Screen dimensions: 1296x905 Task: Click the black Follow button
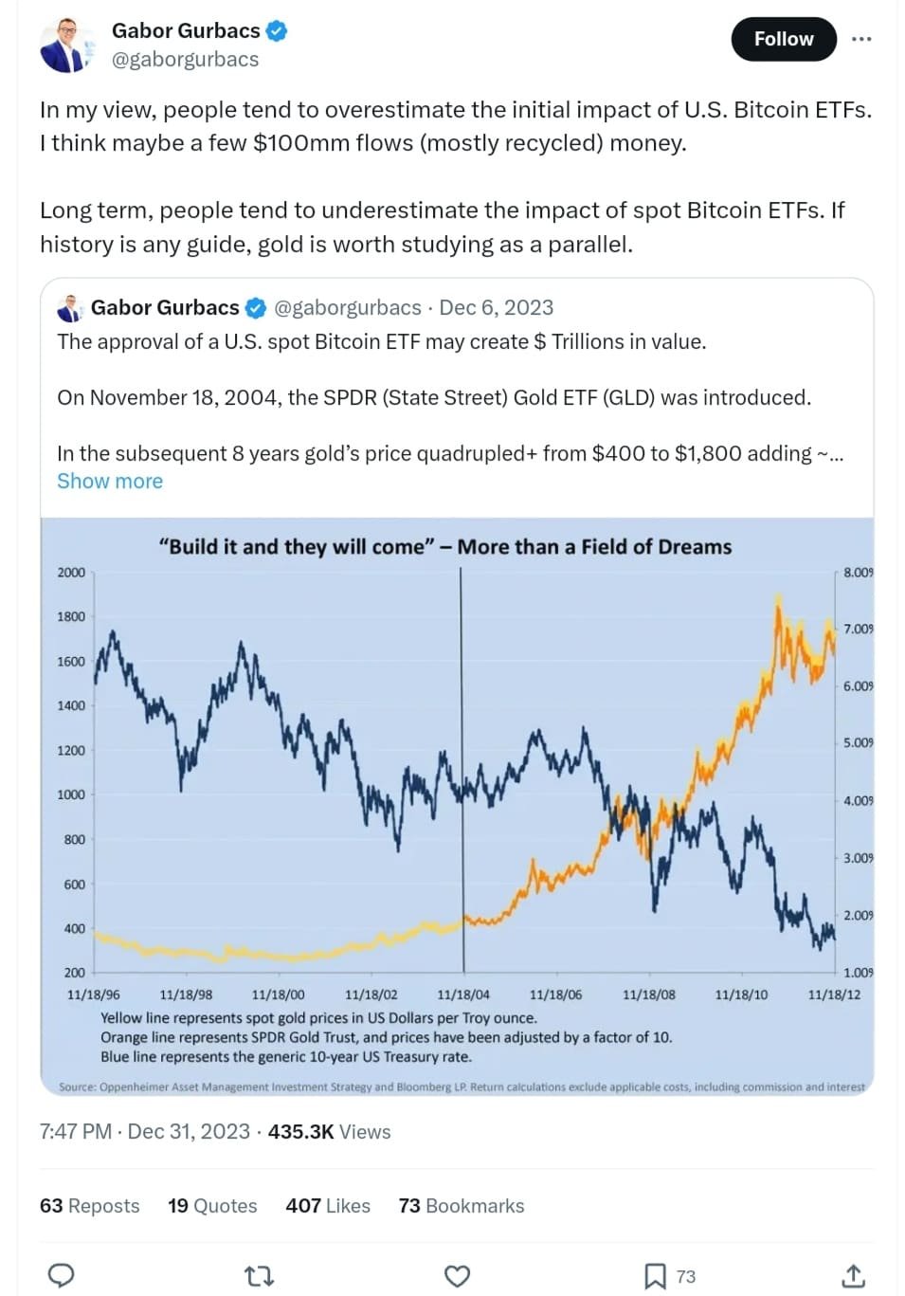tap(783, 39)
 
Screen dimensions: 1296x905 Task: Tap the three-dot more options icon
tap(860, 39)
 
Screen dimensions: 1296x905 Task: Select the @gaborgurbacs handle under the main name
tap(185, 60)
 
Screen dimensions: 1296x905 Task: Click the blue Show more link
tap(109, 481)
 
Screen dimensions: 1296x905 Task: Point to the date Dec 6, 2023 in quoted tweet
tap(496, 307)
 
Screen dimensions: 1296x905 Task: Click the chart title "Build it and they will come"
tap(444, 546)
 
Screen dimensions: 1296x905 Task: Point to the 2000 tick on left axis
tap(71, 572)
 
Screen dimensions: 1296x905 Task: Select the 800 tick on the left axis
tap(74, 839)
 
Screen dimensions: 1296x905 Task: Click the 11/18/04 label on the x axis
tap(463, 995)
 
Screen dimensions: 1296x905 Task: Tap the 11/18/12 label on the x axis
tap(834, 995)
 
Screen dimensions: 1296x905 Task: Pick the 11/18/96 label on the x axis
tap(93, 995)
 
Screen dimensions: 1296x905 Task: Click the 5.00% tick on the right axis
tap(858, 742)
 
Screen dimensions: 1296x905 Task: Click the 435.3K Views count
tap(329, 1131)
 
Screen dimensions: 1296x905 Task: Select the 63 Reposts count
tap(89, 1205)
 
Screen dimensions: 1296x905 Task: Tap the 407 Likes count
tap(328, 1205)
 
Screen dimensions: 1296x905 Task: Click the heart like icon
tap(457, 1276)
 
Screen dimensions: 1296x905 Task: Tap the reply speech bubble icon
tap(61, 1276)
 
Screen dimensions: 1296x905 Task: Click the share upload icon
tap(853, 1276)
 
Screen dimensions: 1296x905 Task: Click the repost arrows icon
tap(259, 1276)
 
